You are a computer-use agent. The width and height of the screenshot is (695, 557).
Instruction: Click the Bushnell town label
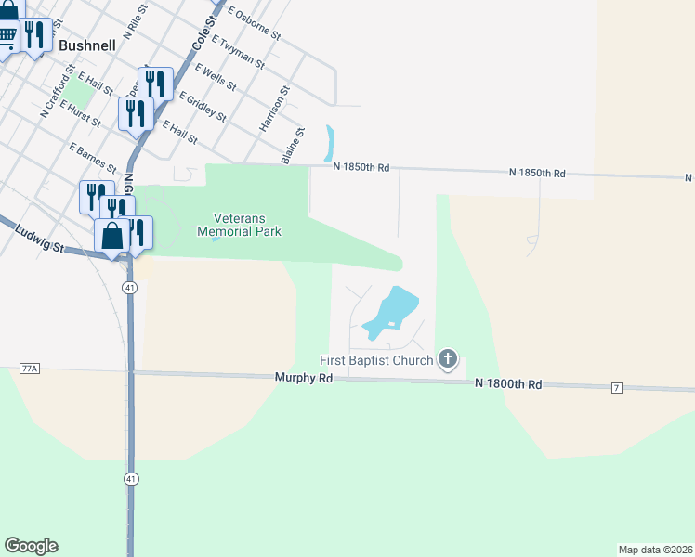pyautogui.click(x=86, y=44)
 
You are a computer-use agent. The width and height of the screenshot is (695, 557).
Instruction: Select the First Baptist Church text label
pyautogui.click(x=376, y=360)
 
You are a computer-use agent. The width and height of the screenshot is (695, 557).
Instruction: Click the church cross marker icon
pyautogui.click(x=448, y=359)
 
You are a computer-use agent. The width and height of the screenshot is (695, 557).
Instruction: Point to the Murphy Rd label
pyautogui.click(x=304, y=378)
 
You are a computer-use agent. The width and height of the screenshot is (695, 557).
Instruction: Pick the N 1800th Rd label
pyautogui.click(x=507, y=382)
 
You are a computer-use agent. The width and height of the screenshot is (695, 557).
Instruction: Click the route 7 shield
pyautogui.click(x=617, y=387)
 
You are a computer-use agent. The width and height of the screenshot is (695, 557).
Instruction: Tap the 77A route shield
pyautogui.click(x=29, y=369)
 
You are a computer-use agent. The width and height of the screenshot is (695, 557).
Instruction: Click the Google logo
pyautogui.click(x=31, y=546)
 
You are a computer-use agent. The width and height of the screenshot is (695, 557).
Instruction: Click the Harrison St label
pyautogui.click(x=276, y=106)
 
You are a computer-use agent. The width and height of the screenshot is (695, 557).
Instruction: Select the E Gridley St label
pyautogui.click(x=203, y=106)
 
